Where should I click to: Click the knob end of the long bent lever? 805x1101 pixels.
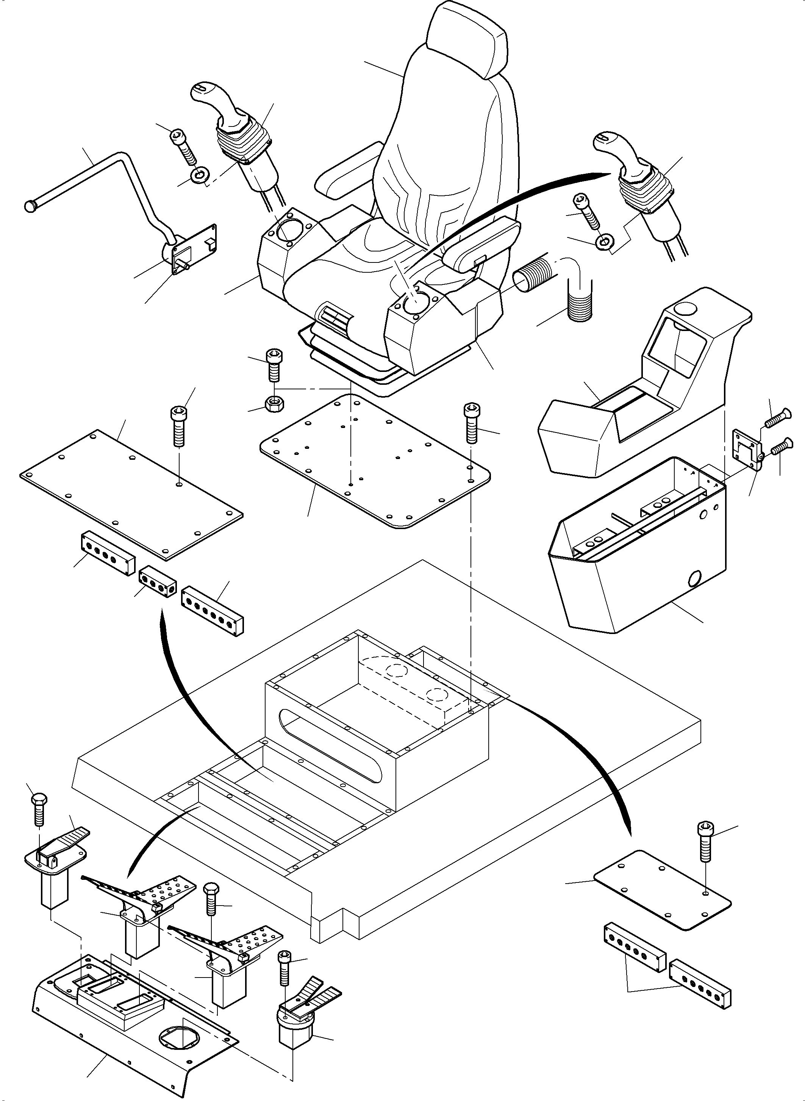point(31,206)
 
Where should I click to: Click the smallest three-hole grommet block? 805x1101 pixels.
point(157,581)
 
